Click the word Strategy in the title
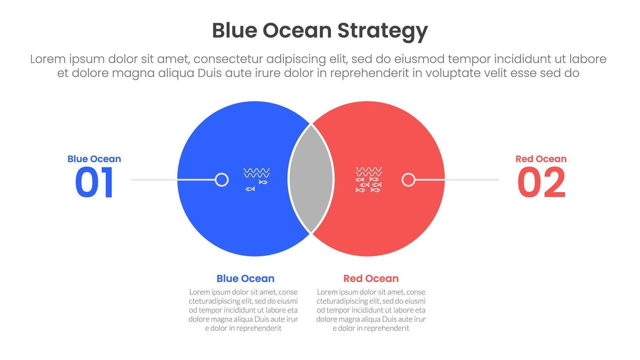(x=382, y=31)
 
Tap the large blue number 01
(x=94, y=183)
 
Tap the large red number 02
(x=541, y=183)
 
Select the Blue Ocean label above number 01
(x=94, y=159)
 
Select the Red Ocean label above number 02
(x=541, y=159)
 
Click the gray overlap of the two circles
(x=311, y=179)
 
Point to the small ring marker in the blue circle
(x=222, y=180)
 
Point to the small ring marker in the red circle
(x=408, y=180)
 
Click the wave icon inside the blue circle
(x=256, y=173)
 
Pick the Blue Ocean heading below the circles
(x=245, y=278)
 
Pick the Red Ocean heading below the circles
(x=371, y=278)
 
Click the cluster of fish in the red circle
(x=368, y=185)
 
